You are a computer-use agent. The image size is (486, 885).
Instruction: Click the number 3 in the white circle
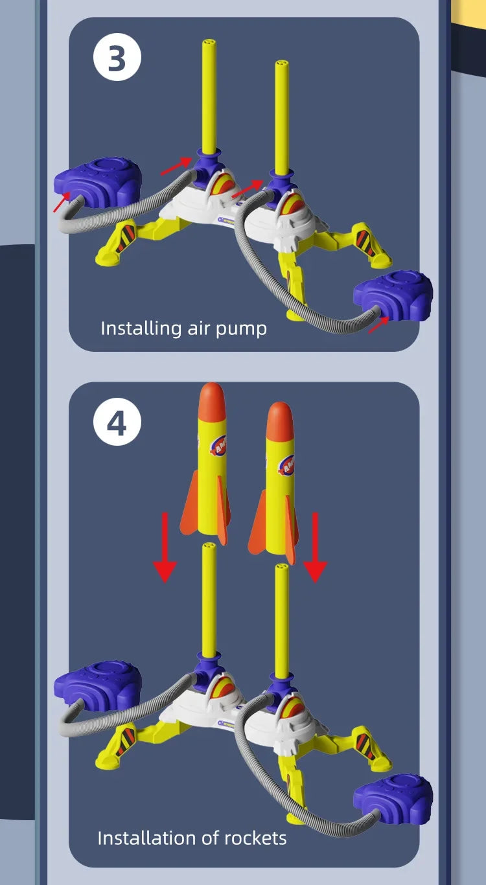117,59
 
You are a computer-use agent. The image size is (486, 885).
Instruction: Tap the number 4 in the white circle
117,424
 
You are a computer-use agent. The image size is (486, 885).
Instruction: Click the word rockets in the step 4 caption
253,838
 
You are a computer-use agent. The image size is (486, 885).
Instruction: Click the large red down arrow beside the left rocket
165,547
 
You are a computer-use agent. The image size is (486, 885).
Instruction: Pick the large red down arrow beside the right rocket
316,547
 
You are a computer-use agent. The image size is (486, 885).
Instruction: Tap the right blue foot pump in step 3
393,295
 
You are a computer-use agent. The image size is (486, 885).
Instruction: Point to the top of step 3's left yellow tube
209,44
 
